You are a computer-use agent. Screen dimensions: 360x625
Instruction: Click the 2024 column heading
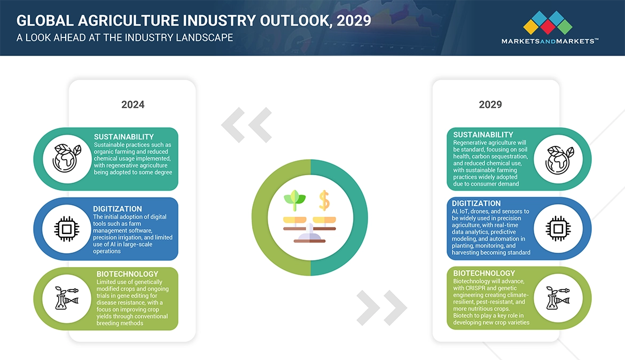132,105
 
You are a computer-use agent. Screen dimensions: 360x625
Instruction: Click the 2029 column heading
490,105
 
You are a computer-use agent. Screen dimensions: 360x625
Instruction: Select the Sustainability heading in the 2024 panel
123,137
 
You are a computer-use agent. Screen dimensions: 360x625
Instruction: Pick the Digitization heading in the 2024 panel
118,209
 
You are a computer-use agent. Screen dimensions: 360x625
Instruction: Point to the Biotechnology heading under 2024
127,274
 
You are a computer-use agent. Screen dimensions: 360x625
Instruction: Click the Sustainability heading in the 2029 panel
483,135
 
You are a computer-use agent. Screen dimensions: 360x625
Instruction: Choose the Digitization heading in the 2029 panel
476,204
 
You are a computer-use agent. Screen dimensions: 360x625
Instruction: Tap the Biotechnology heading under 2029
484,273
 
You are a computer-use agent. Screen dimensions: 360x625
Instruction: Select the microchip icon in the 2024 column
67,229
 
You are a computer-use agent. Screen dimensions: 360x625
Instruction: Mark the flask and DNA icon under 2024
67,299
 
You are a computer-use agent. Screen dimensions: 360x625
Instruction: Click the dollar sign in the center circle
324,200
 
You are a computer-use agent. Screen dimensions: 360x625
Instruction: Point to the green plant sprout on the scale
294,199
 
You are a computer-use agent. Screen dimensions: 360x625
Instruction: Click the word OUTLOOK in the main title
288,21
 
